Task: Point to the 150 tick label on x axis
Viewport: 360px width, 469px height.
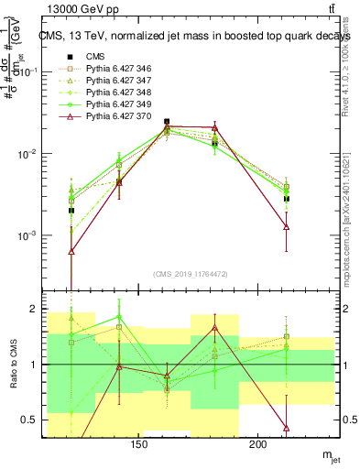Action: click(x=139, y=445)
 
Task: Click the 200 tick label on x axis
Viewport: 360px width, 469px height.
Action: click(x=258, y=445)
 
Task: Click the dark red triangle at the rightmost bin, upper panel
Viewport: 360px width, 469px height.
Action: click(x=287, y=226)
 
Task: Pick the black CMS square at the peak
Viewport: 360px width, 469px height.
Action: click(x=167, y=122)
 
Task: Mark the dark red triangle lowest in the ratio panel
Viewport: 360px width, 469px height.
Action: click(x=287, y=428)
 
